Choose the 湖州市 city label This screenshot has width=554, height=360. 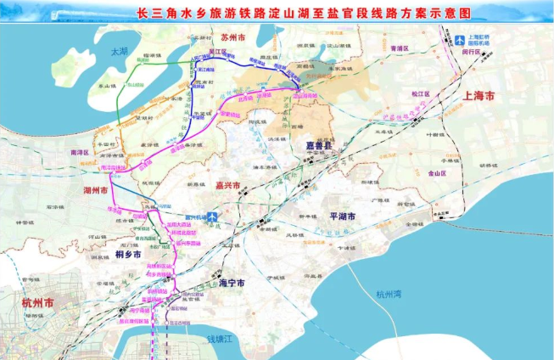pos(98,191)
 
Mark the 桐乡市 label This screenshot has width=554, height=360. pos(129,253)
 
